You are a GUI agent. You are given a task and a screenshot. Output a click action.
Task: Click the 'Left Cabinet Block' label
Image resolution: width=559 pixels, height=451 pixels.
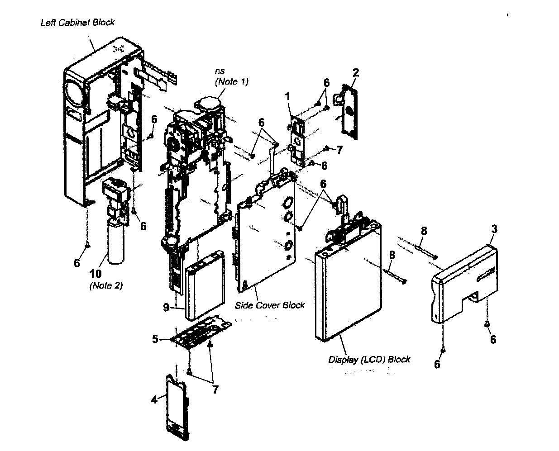[x=77, y=23]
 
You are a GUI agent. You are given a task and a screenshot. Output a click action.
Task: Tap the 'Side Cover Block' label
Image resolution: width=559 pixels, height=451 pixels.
[x=270, y=305]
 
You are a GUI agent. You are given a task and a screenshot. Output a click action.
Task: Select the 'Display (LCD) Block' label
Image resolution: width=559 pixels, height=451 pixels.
[x=369, y=360]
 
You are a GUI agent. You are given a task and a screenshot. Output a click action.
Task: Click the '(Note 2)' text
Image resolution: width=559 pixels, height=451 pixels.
[x=106, y=285]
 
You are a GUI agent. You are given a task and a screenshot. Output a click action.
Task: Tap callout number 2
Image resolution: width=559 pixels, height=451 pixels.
[x=356, y=72]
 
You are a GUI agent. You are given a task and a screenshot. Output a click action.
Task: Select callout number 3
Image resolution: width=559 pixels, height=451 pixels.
[x=494, y=229]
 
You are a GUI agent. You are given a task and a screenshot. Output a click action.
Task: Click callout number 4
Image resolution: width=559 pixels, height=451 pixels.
[x=154, y=399]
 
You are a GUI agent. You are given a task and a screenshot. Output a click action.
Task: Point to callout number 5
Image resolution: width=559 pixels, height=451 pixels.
[x=155, y=339]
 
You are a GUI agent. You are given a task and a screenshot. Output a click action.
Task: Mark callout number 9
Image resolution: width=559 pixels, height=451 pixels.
[x=166, y=307]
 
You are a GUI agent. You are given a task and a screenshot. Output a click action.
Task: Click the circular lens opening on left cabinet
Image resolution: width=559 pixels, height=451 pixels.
[x=73, y=93]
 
